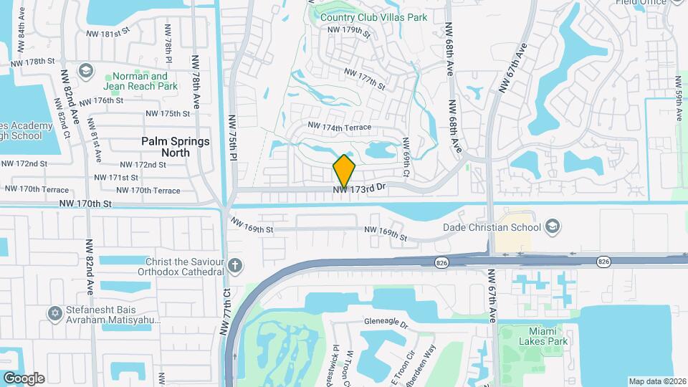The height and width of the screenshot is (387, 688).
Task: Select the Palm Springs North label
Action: pos(176,147)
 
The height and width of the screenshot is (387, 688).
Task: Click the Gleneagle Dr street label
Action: pos(386,323)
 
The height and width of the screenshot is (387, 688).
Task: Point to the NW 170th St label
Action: pos(86,204)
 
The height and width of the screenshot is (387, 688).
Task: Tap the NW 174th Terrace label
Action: pos(340,127)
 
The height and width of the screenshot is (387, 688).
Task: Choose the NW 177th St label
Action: pos(365,79)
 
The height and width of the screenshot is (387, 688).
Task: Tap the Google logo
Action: pos(24,378)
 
